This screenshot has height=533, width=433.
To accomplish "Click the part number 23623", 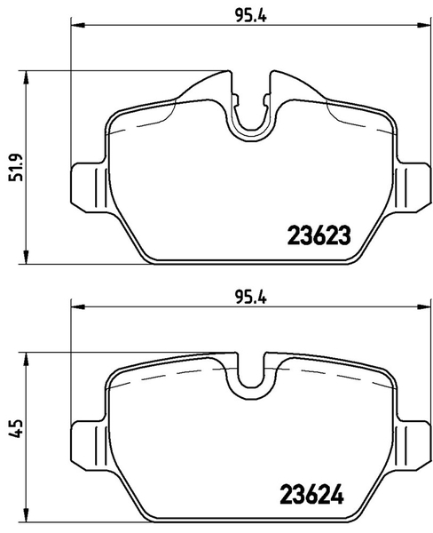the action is [x=319, y=235].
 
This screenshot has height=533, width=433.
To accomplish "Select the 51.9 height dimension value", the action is [x=16, y=167].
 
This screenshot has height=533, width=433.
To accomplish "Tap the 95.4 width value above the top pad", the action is [x=251, y=16].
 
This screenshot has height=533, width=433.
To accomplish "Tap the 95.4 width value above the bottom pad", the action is [x=251, y=298].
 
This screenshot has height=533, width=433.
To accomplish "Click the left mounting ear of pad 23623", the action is [x=89, y=187].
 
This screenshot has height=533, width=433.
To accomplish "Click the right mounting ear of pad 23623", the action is [x=413, y=187].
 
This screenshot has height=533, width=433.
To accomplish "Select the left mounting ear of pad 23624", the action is [x=89, y=445].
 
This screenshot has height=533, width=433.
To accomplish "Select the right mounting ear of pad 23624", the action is [x=413, y=445].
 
